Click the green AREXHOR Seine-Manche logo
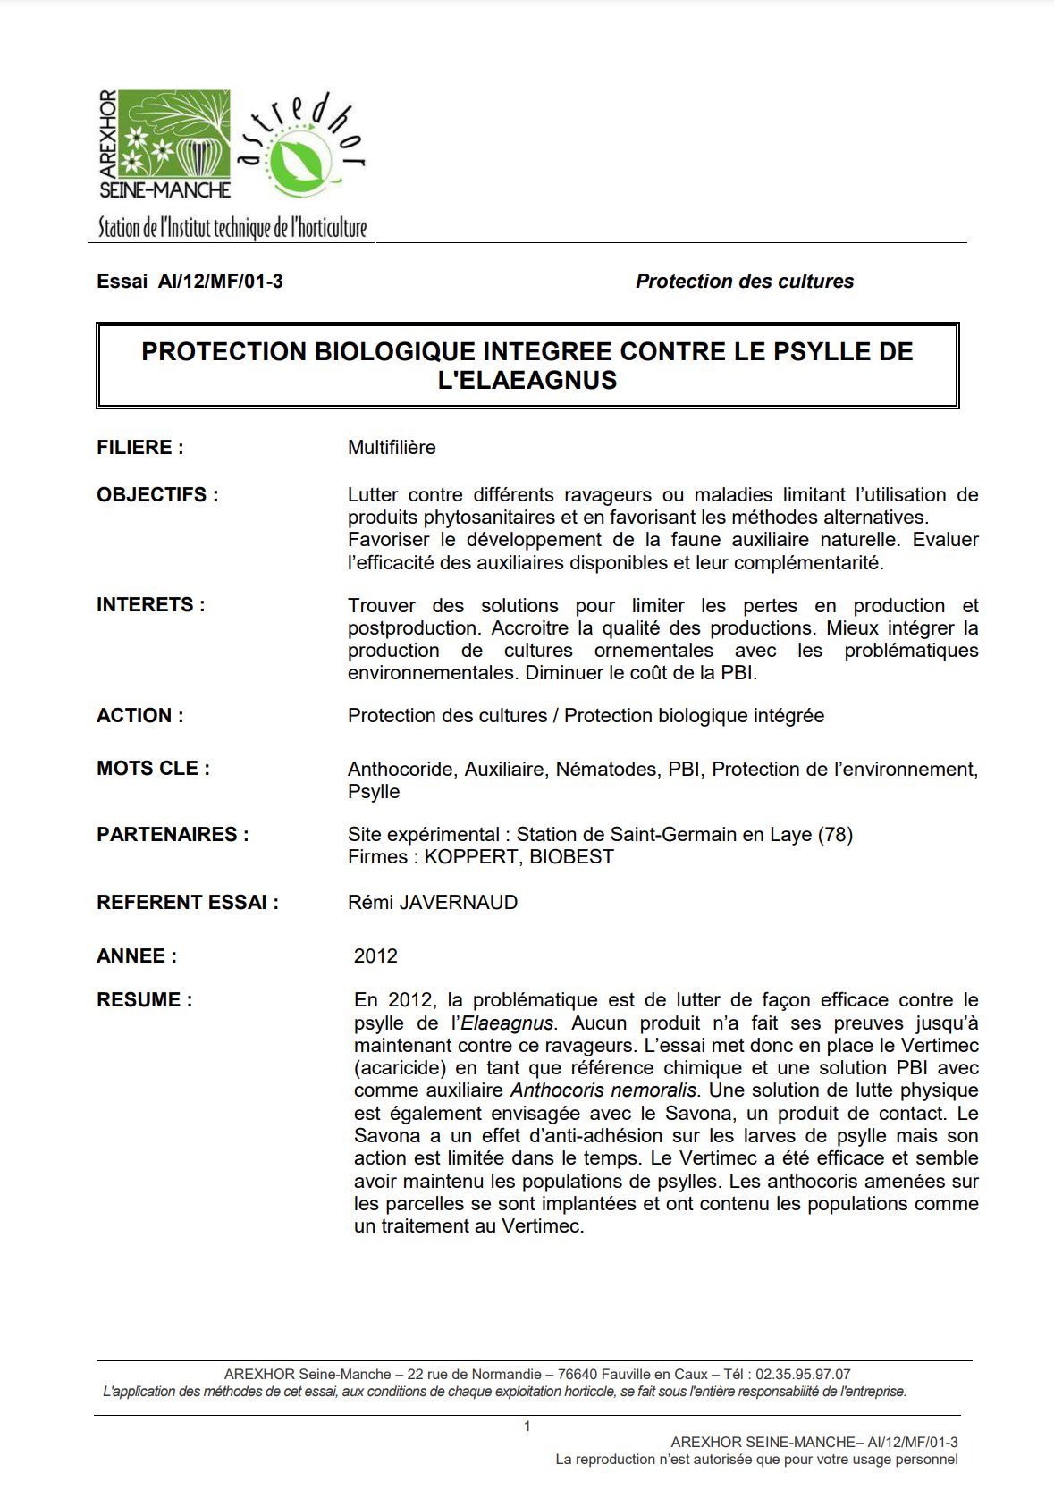coord(165,143)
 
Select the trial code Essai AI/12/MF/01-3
coord(190,282)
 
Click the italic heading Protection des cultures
coord(744,282)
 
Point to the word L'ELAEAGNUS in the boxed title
coord(527,381)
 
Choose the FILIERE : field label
coord(140,448)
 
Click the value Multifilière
coord(392,448)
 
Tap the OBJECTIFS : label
coord(157,495)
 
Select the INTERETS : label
coord(151,605)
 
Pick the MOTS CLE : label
coord(154,769)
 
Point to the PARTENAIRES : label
coord(173,835)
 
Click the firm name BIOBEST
coord(571,857)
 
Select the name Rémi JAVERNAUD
coord(433,903)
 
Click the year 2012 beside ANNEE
coord(375,956)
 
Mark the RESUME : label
coord(144,1000)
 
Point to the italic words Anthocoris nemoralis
coord(603,1090)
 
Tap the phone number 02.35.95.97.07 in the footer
coord(803,1374)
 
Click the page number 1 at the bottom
coord(527,1427)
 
